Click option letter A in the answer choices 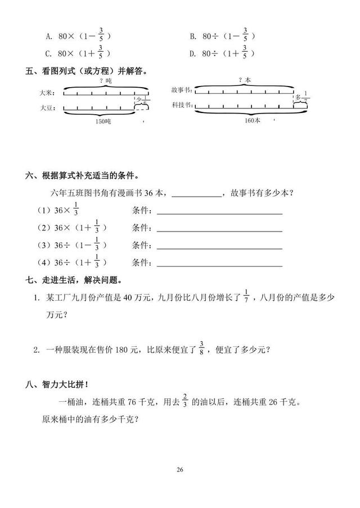pos(48,37)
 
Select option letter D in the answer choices pos(192,54)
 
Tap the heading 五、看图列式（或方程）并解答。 pos(87,71)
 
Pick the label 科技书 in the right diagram pos(182,105)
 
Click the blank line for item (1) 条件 pos(219,213)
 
